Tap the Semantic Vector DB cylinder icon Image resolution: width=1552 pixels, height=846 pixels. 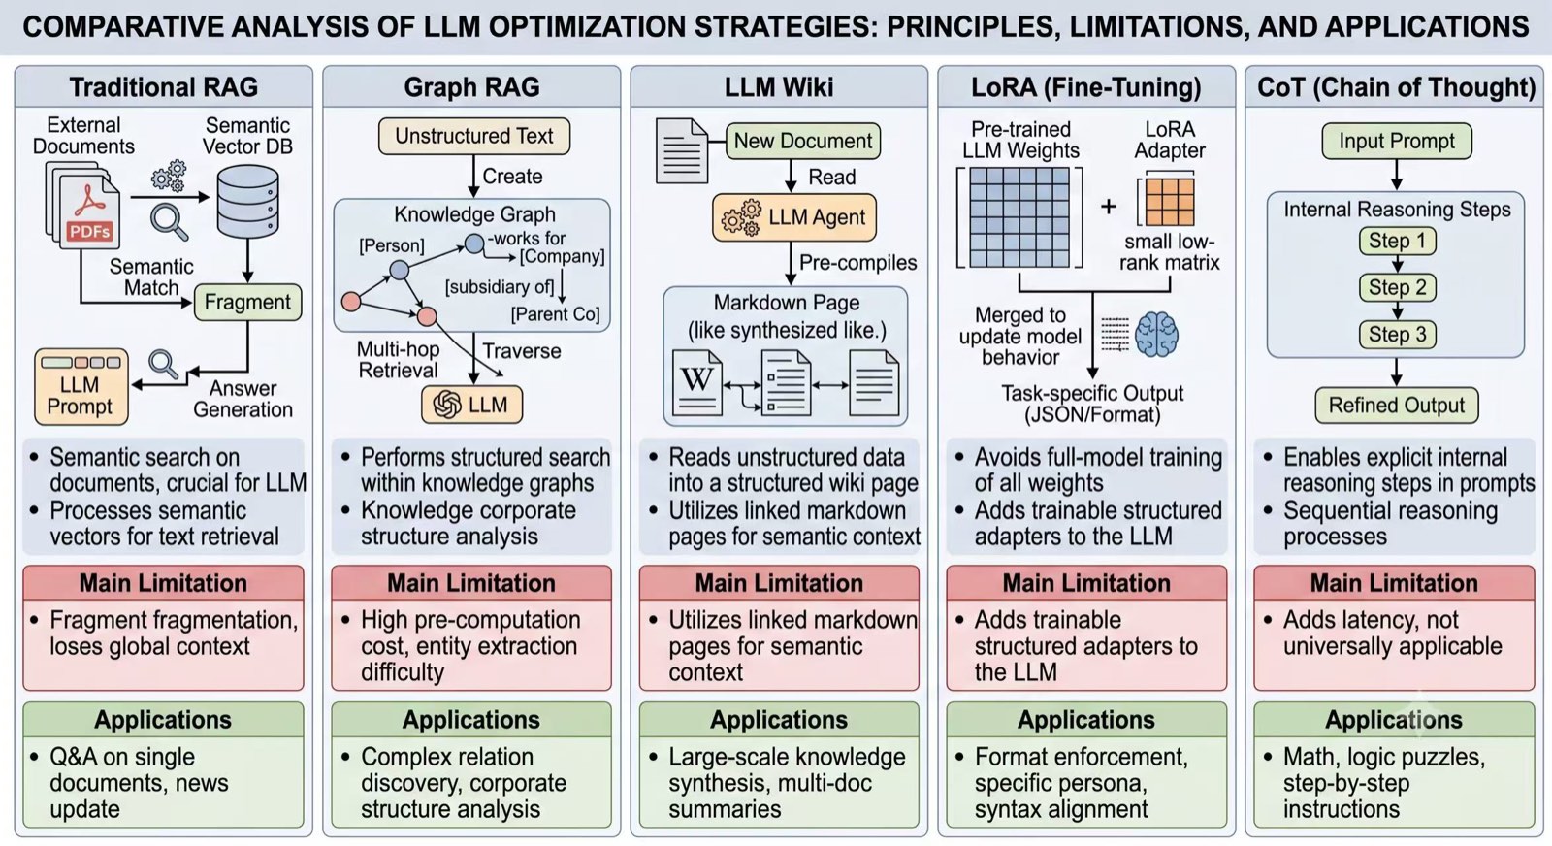pos(247,202)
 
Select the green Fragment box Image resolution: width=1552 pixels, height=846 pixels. pos(247,302)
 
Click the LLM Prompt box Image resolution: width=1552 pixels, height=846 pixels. pos(81,387)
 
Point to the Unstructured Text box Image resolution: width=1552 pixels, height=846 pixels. pos(474,136)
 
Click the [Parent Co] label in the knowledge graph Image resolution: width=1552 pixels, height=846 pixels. pos(555,314)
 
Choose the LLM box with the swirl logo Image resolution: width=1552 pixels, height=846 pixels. pos(471,404)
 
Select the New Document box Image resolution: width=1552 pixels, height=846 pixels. pos(803,141)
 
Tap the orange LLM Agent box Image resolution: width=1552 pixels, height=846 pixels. pos(794,217)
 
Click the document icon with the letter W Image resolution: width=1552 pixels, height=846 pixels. pos(697,383)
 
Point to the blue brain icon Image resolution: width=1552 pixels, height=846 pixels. pos(1156,335)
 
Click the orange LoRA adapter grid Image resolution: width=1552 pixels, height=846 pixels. pos(1170,203)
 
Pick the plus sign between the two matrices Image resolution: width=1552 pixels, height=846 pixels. pos(1109,206)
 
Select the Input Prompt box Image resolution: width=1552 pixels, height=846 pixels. pos(1397,141)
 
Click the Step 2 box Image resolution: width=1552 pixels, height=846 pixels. pos(1397,287)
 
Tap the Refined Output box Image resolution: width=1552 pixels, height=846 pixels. pos(1396,406)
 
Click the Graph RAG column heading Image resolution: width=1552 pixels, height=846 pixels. pos(471,87)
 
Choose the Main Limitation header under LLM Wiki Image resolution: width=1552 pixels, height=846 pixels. pos(779,583)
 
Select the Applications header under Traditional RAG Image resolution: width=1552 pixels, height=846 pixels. pos(163,720)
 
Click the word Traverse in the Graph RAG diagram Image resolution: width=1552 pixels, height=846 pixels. pos(522,351)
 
